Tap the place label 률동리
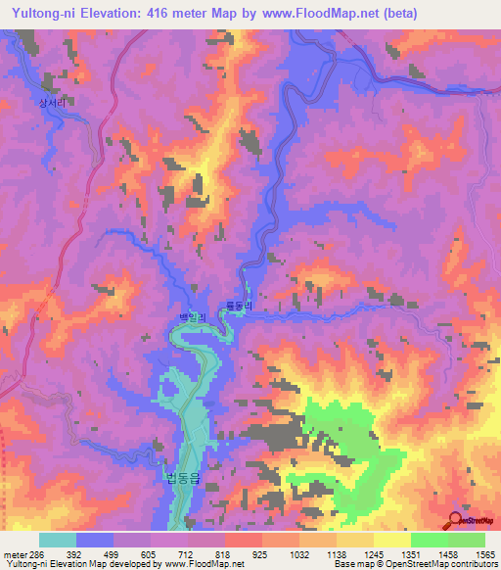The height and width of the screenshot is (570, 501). [x=239, y=307]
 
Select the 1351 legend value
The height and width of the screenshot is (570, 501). [x=409, y=553]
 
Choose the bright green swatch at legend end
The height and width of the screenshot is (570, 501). [x=466, y=540]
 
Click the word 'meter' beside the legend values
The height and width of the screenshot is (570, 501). [x=11, y=553]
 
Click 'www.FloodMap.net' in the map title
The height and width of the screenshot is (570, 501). [x=319, y=14]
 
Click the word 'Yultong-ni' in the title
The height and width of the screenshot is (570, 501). [x=45, y=14]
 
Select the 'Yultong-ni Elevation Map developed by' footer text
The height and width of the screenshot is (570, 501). [x=71, y=564]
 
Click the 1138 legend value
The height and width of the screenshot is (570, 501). [x=336, y=553]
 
